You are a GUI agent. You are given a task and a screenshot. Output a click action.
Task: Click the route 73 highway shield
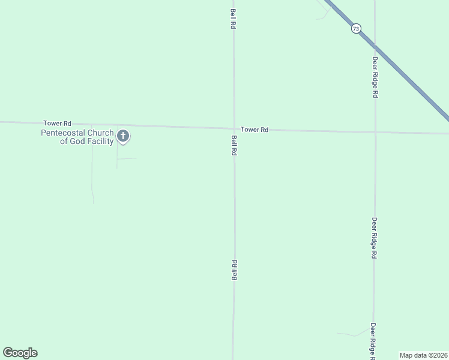[357, 28]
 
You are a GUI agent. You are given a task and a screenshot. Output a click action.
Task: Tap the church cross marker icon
[123, 136]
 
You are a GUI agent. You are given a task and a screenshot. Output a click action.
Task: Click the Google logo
[20, 353]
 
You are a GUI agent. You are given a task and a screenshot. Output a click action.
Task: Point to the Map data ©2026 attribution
[423, 355]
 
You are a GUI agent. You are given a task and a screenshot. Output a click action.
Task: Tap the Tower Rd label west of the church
[57, 123]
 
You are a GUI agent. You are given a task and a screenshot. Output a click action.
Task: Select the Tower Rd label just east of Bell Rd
[255, 130]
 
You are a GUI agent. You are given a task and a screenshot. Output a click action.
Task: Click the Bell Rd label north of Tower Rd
[234, 19]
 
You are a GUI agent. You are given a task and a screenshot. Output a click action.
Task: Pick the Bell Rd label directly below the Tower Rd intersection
[234, 146]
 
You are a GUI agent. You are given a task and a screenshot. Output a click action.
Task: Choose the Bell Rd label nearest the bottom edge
[235, 270]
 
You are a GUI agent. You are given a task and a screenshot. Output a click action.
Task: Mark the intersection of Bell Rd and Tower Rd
[234, 128]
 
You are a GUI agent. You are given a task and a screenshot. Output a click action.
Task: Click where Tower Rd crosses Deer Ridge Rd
[375, 131]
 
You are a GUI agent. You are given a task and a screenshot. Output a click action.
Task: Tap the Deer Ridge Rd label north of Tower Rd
[375, 77]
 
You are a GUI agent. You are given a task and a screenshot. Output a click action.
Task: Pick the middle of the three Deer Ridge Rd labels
[374, 238]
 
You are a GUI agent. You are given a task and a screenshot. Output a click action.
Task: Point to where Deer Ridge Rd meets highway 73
[375, 44]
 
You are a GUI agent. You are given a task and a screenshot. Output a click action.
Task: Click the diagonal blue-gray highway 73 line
[408, 78]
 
